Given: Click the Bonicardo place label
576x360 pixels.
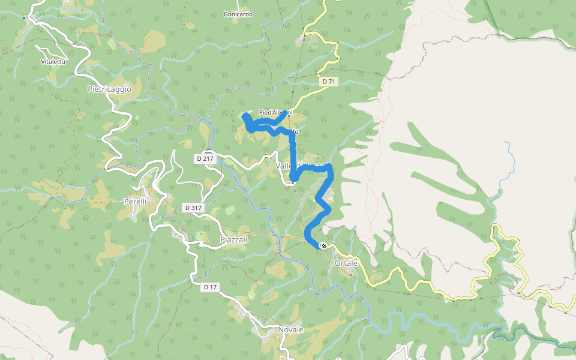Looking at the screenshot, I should point(238,14).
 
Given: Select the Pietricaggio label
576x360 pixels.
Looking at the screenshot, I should point(109,89).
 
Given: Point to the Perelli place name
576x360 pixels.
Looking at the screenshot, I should point(135,202).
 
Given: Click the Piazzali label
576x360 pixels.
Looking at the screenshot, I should point(234,239).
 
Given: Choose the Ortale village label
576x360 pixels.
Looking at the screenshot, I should point(346,263).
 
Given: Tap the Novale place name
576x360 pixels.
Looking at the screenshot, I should point(290,330).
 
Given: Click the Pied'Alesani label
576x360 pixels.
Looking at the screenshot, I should point(275,113).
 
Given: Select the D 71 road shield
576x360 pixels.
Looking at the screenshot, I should point(328,81).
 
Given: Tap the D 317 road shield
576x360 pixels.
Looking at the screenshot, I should point(193,208).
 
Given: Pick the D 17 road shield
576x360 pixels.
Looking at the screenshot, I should point(210,287).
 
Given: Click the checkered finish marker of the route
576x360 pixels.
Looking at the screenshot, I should point(323,245).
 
